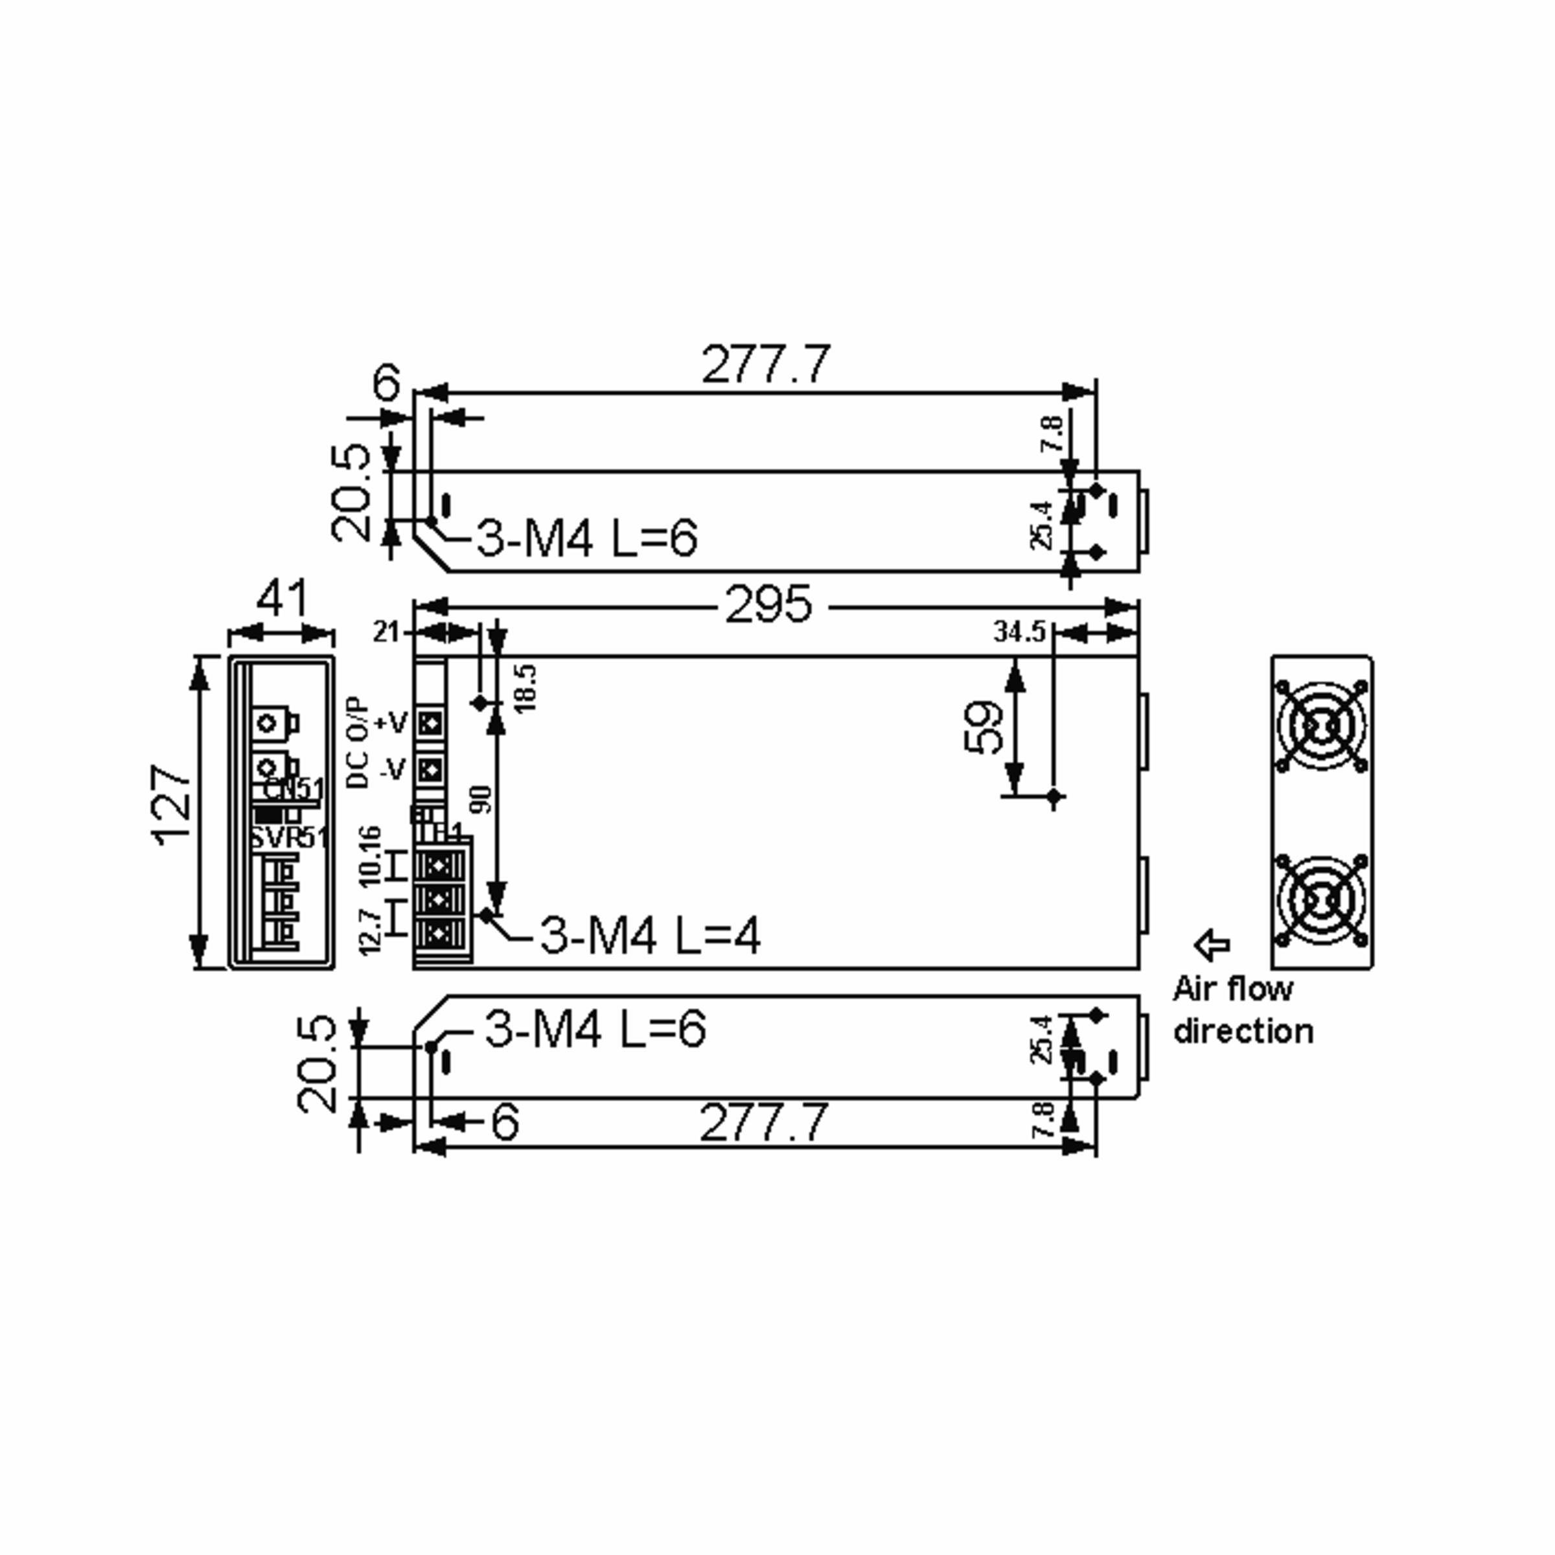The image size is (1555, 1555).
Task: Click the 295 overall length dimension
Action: pyautogui.click(x=768, y=606)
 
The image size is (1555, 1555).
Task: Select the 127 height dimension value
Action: pyautogui.click(x=172, y=805)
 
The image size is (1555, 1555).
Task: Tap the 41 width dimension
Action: pyautogui.click(x=282, y=599)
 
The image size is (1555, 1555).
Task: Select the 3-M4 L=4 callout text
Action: pyautogui.click(x=649, y=936)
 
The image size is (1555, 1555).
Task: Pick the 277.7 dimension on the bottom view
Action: pyautogui.click(x=763, y=1123)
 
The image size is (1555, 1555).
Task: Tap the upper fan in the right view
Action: pyautogui.click(x=1321, y=728)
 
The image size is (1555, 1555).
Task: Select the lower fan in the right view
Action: pyautogui.click(x=1321, y=899)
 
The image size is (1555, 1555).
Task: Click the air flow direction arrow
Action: pyautogui.click(x=1212, y=945)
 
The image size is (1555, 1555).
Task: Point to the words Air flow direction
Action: pyautogui.click(x=1242, y=1010)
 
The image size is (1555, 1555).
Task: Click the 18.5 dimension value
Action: pyautogui.click(x=525, y=687)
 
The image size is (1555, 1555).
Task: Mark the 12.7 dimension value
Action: pyautogui.click(x=369, y=932)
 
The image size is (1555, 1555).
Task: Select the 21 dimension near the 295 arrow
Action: pyautogui.click(x=386, y=632)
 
